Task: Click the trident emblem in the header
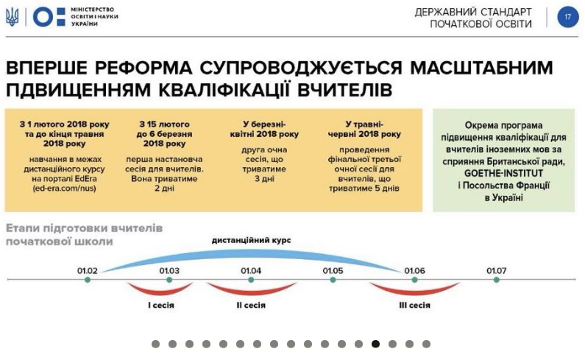coord(12,17)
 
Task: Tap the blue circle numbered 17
coord(568,17)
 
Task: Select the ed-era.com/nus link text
coord(64,188)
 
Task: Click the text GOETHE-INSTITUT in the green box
coord(503,173)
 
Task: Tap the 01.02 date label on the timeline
coord(88,270)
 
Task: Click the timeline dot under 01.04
coord(251,280)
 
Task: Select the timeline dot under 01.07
coord(496,280)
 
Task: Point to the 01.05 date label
coord(333,270)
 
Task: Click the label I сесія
coord(161,305)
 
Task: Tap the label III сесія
coord(414,305)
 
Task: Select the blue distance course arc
coord(251,253)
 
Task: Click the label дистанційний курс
coord(251,240)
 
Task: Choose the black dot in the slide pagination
coord(376,344)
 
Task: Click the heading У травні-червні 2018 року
coord(364,130)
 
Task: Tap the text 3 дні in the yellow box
coord(264,178)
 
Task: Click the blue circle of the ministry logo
coord(43,17)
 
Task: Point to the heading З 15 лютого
coord(164,124)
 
